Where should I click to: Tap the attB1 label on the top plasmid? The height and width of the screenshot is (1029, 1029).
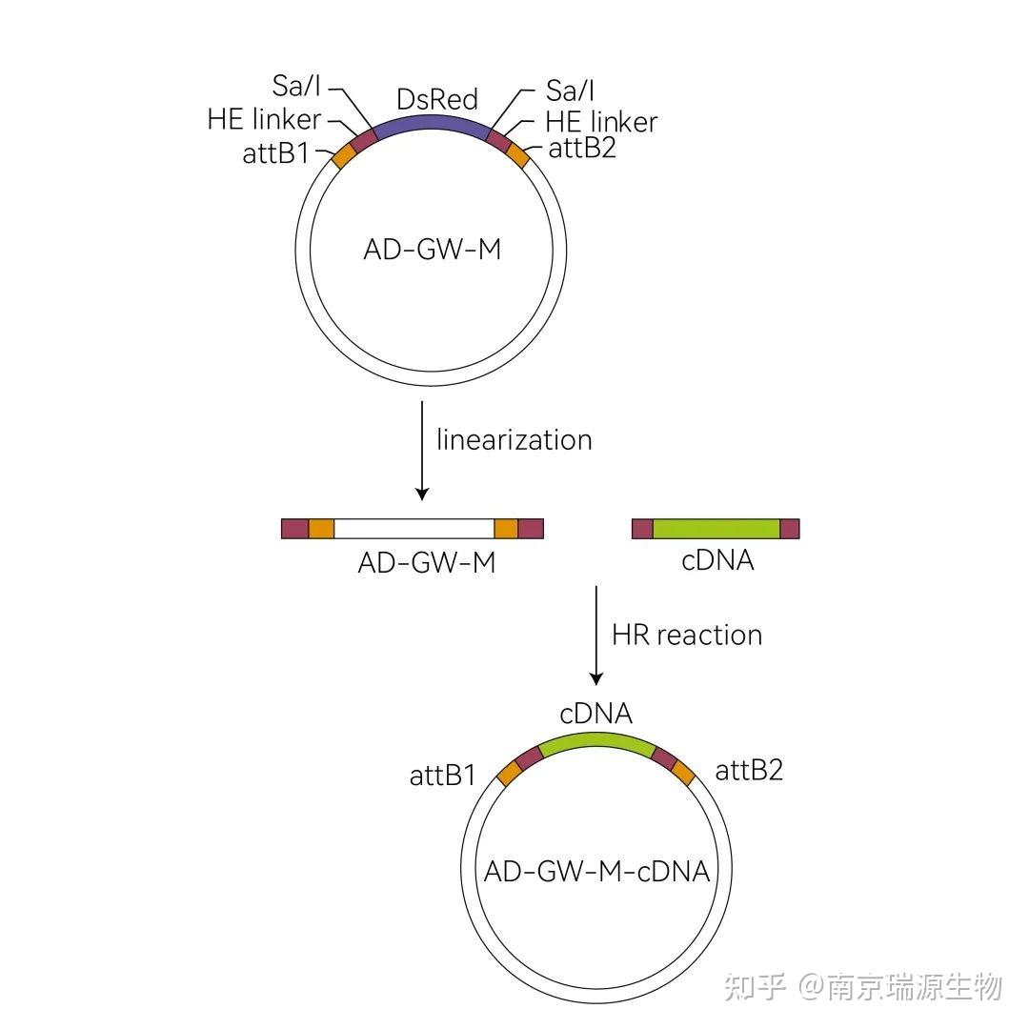[276, 152]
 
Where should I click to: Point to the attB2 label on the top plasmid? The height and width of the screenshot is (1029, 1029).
[582, 149]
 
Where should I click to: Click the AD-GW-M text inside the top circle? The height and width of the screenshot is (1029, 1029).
[432, 250]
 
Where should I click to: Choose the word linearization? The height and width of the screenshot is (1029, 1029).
[514, 439]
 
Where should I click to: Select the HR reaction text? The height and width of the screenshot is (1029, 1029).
[687, 635]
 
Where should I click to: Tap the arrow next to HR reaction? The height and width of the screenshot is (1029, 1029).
[596, 635]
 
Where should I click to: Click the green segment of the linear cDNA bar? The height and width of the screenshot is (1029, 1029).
[716, 529]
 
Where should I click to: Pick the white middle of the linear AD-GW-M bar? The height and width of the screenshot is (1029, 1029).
[414, 529]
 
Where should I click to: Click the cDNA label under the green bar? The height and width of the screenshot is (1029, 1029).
[717, 560]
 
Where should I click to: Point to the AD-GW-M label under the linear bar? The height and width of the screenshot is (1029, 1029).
[427, 562]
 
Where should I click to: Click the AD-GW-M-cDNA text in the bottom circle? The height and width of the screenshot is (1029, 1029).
[597, 871]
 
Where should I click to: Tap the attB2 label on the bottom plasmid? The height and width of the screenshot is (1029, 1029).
[749, 770]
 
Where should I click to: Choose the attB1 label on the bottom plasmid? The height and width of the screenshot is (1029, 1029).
[443, 776]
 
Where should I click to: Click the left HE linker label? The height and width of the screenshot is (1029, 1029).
[264, 121]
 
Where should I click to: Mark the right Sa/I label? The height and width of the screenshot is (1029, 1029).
[570, 90]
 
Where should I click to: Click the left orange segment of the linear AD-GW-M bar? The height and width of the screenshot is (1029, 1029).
[321, 529]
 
